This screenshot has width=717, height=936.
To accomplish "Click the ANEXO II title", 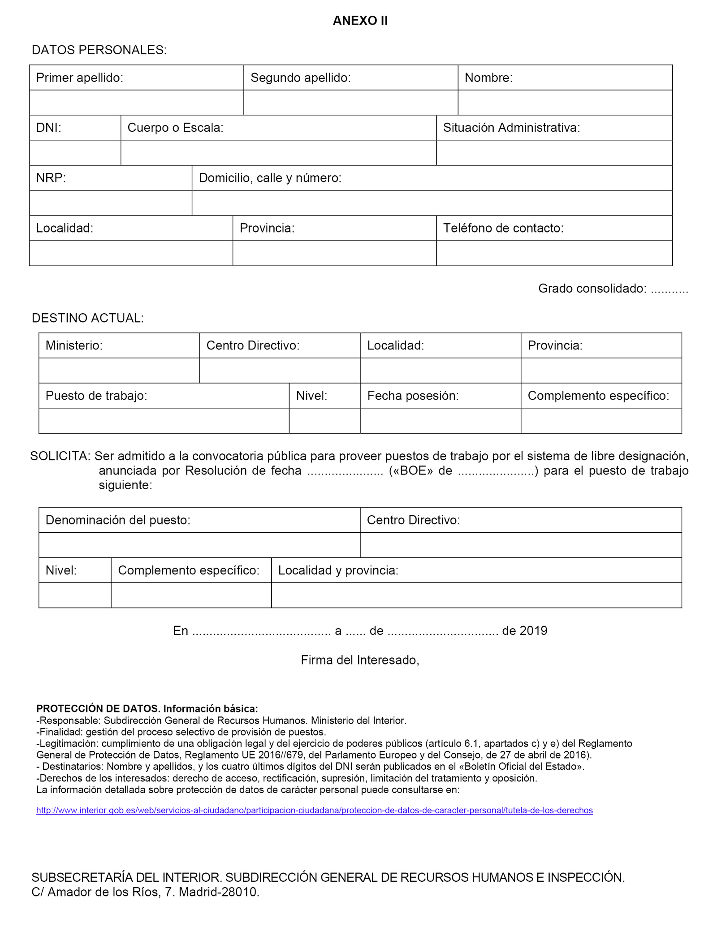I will coord(360,21).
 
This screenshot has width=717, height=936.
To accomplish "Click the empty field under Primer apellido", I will coord(136,103).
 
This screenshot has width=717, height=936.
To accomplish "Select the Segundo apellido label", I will coord(300,78).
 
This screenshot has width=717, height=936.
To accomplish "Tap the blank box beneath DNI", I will coord(75,153).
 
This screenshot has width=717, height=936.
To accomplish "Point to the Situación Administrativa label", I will coord(511,128).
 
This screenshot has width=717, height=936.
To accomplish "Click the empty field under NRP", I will coord(111,203).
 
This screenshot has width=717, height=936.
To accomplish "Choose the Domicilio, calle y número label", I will coord(270,178).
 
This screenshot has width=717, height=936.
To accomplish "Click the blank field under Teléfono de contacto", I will coord(554,253).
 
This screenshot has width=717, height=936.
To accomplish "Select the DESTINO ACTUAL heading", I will coord(88,318).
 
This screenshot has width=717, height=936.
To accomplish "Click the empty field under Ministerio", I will coord(119,371).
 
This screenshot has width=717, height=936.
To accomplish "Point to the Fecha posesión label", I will coord(413,396).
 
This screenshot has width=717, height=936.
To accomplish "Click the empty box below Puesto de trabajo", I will coord(164,421).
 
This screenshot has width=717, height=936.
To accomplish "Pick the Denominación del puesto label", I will coord(118,520).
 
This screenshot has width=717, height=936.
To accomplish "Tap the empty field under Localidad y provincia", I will coord(476,595).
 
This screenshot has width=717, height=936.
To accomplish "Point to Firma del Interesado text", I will coord(360,660).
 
